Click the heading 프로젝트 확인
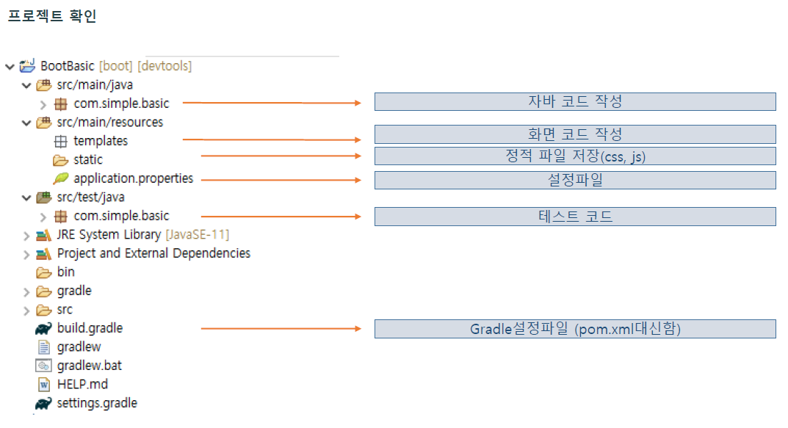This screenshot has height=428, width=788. (52, 16)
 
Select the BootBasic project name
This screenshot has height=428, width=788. (68, 66)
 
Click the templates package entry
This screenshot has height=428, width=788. (101, 141)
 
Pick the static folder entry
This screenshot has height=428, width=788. (88, 159)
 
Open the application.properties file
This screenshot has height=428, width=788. (133, 178)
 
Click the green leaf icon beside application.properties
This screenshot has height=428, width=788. (60, 178)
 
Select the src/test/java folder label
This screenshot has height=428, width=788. (91, 197)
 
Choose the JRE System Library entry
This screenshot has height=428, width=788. (109, 235)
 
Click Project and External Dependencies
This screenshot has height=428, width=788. (153, 253)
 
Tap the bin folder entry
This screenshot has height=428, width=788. (66, 272)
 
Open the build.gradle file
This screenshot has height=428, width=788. (90, 328)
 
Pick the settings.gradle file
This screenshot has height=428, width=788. (97, 403)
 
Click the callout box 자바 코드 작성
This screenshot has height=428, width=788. (575, 101)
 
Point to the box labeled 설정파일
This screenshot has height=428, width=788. (575, 180)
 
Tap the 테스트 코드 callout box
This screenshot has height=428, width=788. (575, 216)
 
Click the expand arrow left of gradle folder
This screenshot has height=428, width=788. (26, 291)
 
